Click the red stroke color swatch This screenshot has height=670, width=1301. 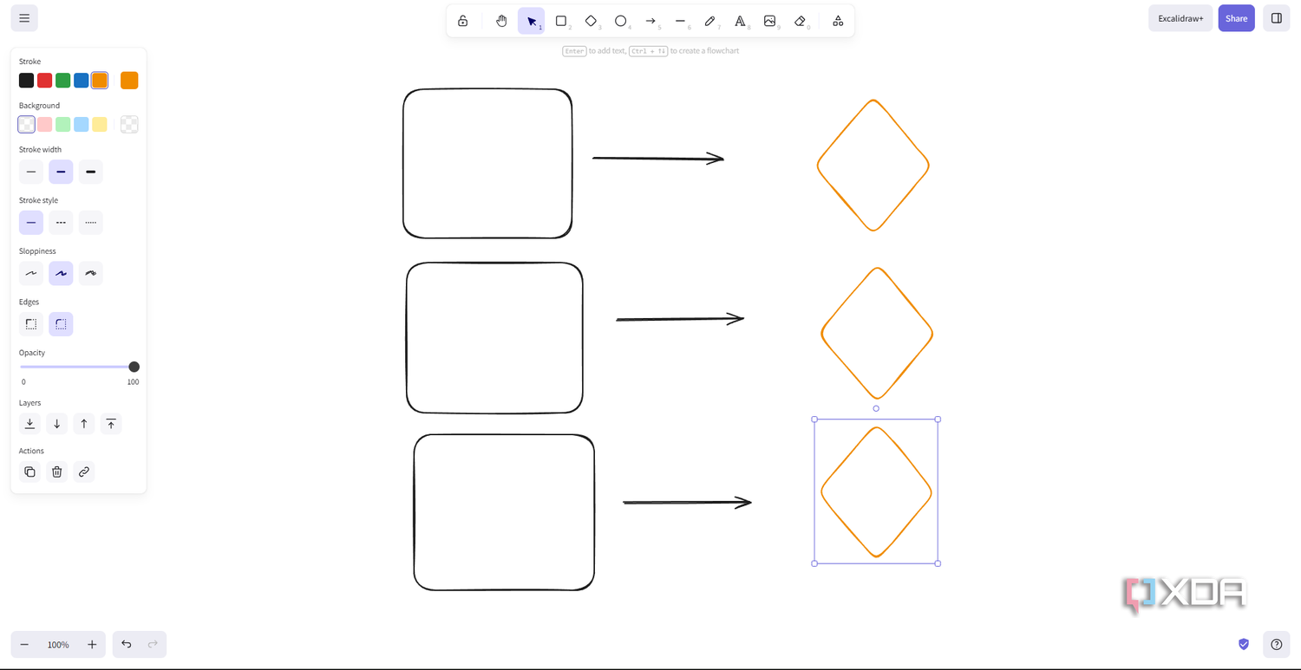pyautogui.click(x=45, y=80)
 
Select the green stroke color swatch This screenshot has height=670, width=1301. pyautogui.click(x=62, y=80)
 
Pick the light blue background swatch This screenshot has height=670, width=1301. pyautogui.click(x=82, y=124)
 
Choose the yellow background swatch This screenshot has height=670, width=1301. pyautogui.click(x=100, y=124)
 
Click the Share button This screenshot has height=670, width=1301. pyautogui.click(x=1237, y=18)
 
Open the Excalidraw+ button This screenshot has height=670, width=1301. pyautogui.click(x=1180, y=18)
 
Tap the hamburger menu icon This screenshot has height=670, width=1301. pyautogui.click(x=24, y=18)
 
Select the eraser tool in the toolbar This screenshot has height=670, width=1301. pyautogui.click(x=800, y=21)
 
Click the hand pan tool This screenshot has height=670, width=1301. pyautogui.click(x=501, y=21)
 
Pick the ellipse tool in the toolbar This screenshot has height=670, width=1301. pyautogui.click(x=620, y=21)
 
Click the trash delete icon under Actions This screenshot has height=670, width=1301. pyautogui.click(x=57, y=472)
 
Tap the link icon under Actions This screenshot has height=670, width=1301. pyautogui.click(x=84, y=472)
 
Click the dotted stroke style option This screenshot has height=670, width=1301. pyautogui.click(x=90, y=223)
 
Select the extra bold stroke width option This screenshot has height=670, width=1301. pyautogui.click(x=90, y=172)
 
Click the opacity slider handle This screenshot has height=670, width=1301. pyautogui.click(x=134, y=367)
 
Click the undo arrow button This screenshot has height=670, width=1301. pyautogui.click(x=126, y=644)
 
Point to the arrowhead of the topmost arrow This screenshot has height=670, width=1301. pyautogui.click(x=723, y=159)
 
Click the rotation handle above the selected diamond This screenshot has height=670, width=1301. pyautogui.click(x=876, y=409)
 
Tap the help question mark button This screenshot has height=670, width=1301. pyautogui.click(x=1276, y=644)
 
